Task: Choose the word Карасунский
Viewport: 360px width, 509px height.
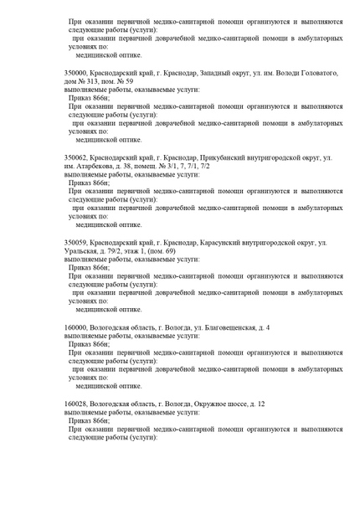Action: tap(222, 243)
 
